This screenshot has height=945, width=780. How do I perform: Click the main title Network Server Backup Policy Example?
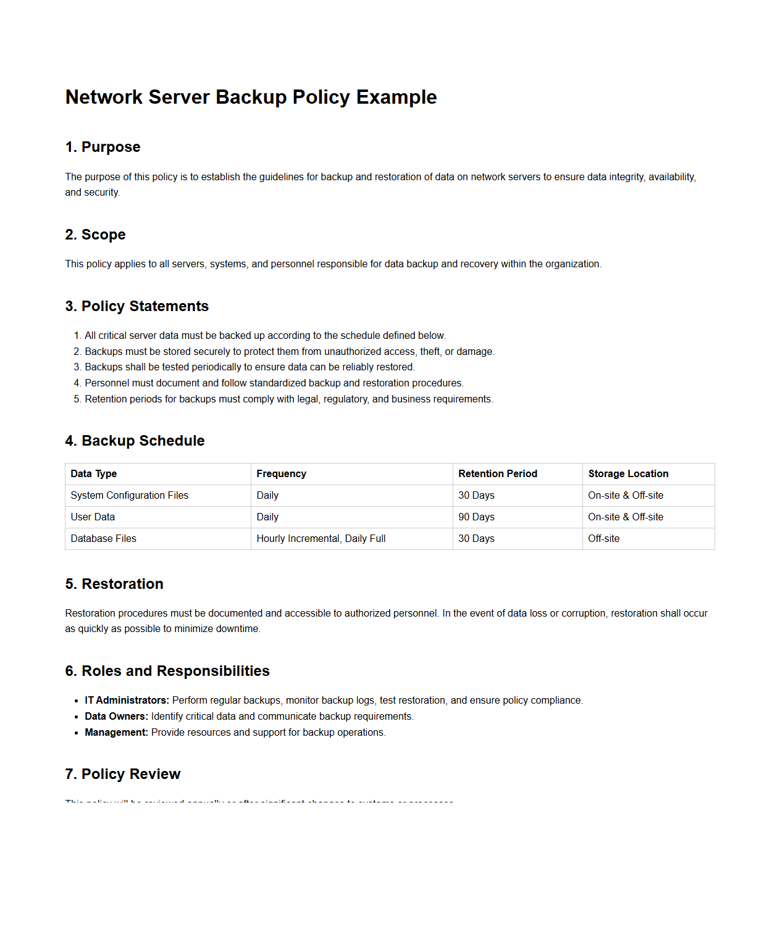point(251,98)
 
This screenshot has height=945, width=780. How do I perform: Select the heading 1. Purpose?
point(103,147)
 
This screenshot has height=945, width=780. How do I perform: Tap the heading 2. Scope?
point(95,235)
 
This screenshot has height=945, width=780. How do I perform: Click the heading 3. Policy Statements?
point(136,306)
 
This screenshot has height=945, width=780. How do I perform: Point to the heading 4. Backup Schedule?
point(135,441)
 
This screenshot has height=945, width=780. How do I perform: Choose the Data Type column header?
point(94,474)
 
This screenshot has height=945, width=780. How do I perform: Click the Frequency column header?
point(281,474)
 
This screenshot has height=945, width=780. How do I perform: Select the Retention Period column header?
point(497,474)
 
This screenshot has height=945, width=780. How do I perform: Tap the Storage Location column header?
point(627,474)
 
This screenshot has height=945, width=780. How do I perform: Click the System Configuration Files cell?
point(129,496)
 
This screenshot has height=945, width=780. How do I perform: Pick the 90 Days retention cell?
point(476,517)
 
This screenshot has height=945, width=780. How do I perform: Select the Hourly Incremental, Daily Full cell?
point(321,539)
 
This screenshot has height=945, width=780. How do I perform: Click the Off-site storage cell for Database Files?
point(603,539)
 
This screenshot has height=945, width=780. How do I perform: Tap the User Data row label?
point(93,517)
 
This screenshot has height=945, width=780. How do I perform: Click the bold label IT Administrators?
point(127,701)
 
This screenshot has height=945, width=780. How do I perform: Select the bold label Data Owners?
point(116,717)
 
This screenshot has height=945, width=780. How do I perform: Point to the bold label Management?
point(116,733)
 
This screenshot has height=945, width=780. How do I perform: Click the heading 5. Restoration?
point(114,584)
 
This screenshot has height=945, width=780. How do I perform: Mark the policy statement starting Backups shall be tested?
point(250,367)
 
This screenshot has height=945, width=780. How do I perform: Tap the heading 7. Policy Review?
point(122,774)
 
